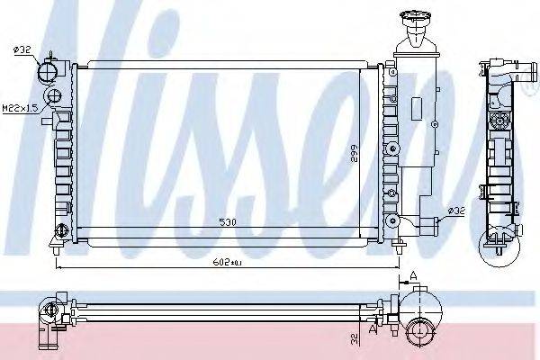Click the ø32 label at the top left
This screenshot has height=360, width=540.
pyautogui.click(x=24, y=49)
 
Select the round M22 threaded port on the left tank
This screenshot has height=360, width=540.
pyautogui.click(x=53, y=96)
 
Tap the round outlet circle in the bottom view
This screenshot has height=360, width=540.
pyautogui.click(x=419, y=334)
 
